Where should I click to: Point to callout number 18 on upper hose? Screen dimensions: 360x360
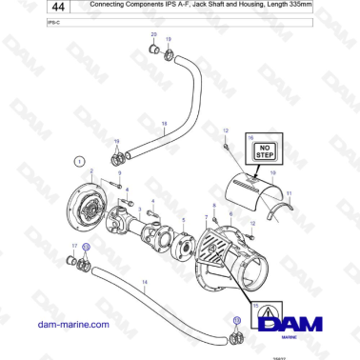(164, 124)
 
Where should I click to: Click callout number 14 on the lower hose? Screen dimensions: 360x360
(144, 283)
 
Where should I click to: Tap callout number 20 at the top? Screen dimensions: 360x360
(153, 35)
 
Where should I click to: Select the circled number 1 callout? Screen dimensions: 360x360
(80, 160)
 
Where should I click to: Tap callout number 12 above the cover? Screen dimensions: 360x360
(226, 130)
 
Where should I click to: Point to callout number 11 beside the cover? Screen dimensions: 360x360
(289, 193)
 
